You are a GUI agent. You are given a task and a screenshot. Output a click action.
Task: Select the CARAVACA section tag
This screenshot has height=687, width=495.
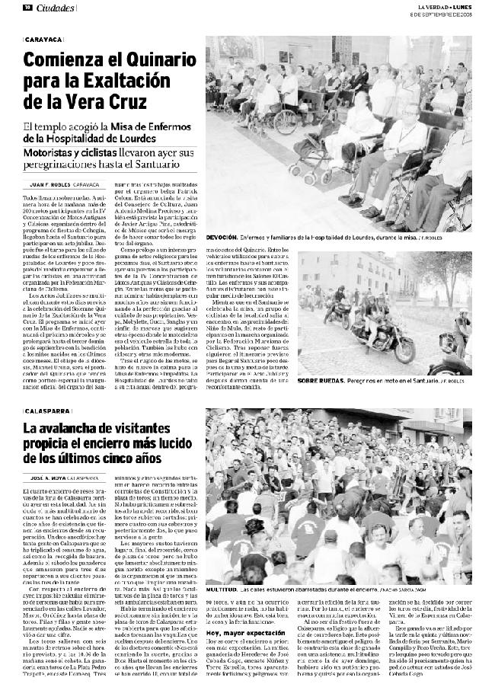43,38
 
